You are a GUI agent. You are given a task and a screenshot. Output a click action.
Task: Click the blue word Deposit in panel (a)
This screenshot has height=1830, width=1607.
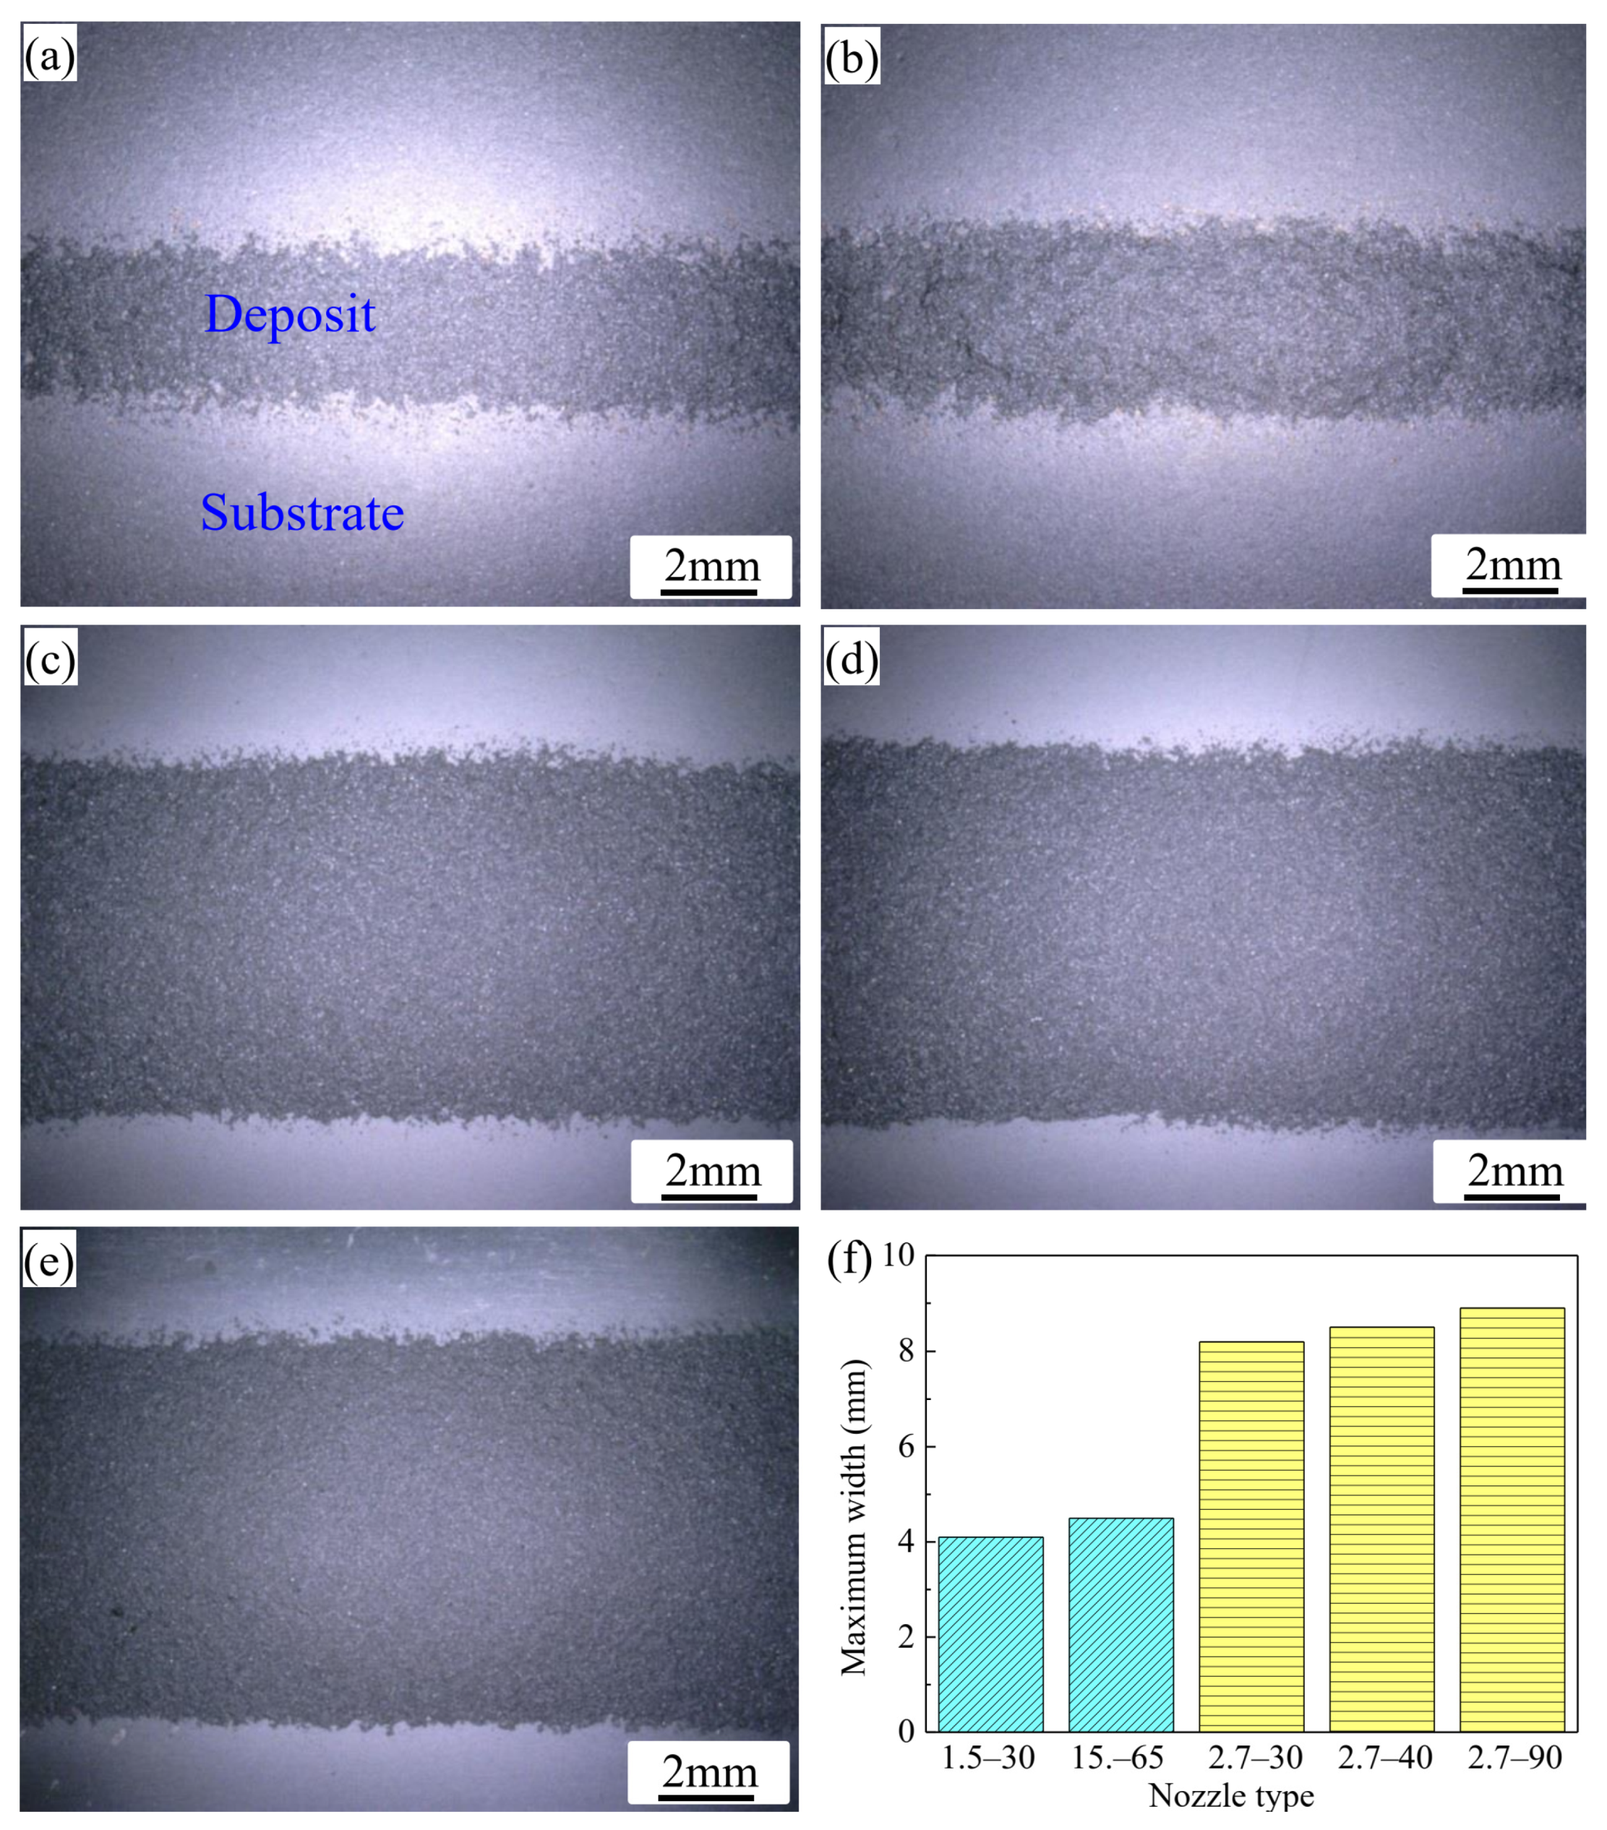point(290,314)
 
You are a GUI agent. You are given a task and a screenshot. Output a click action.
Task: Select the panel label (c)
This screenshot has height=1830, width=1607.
point(50,660)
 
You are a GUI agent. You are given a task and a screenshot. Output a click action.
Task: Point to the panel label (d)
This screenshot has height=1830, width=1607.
point(851,660)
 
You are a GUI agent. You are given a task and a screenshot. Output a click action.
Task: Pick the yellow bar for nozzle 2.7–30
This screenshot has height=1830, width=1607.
point(1251,1537)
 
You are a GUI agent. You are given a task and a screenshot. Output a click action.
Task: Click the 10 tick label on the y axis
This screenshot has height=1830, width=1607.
point(899,1255)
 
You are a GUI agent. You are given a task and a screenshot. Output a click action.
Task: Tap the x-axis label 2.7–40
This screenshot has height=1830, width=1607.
point(1385,1758)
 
